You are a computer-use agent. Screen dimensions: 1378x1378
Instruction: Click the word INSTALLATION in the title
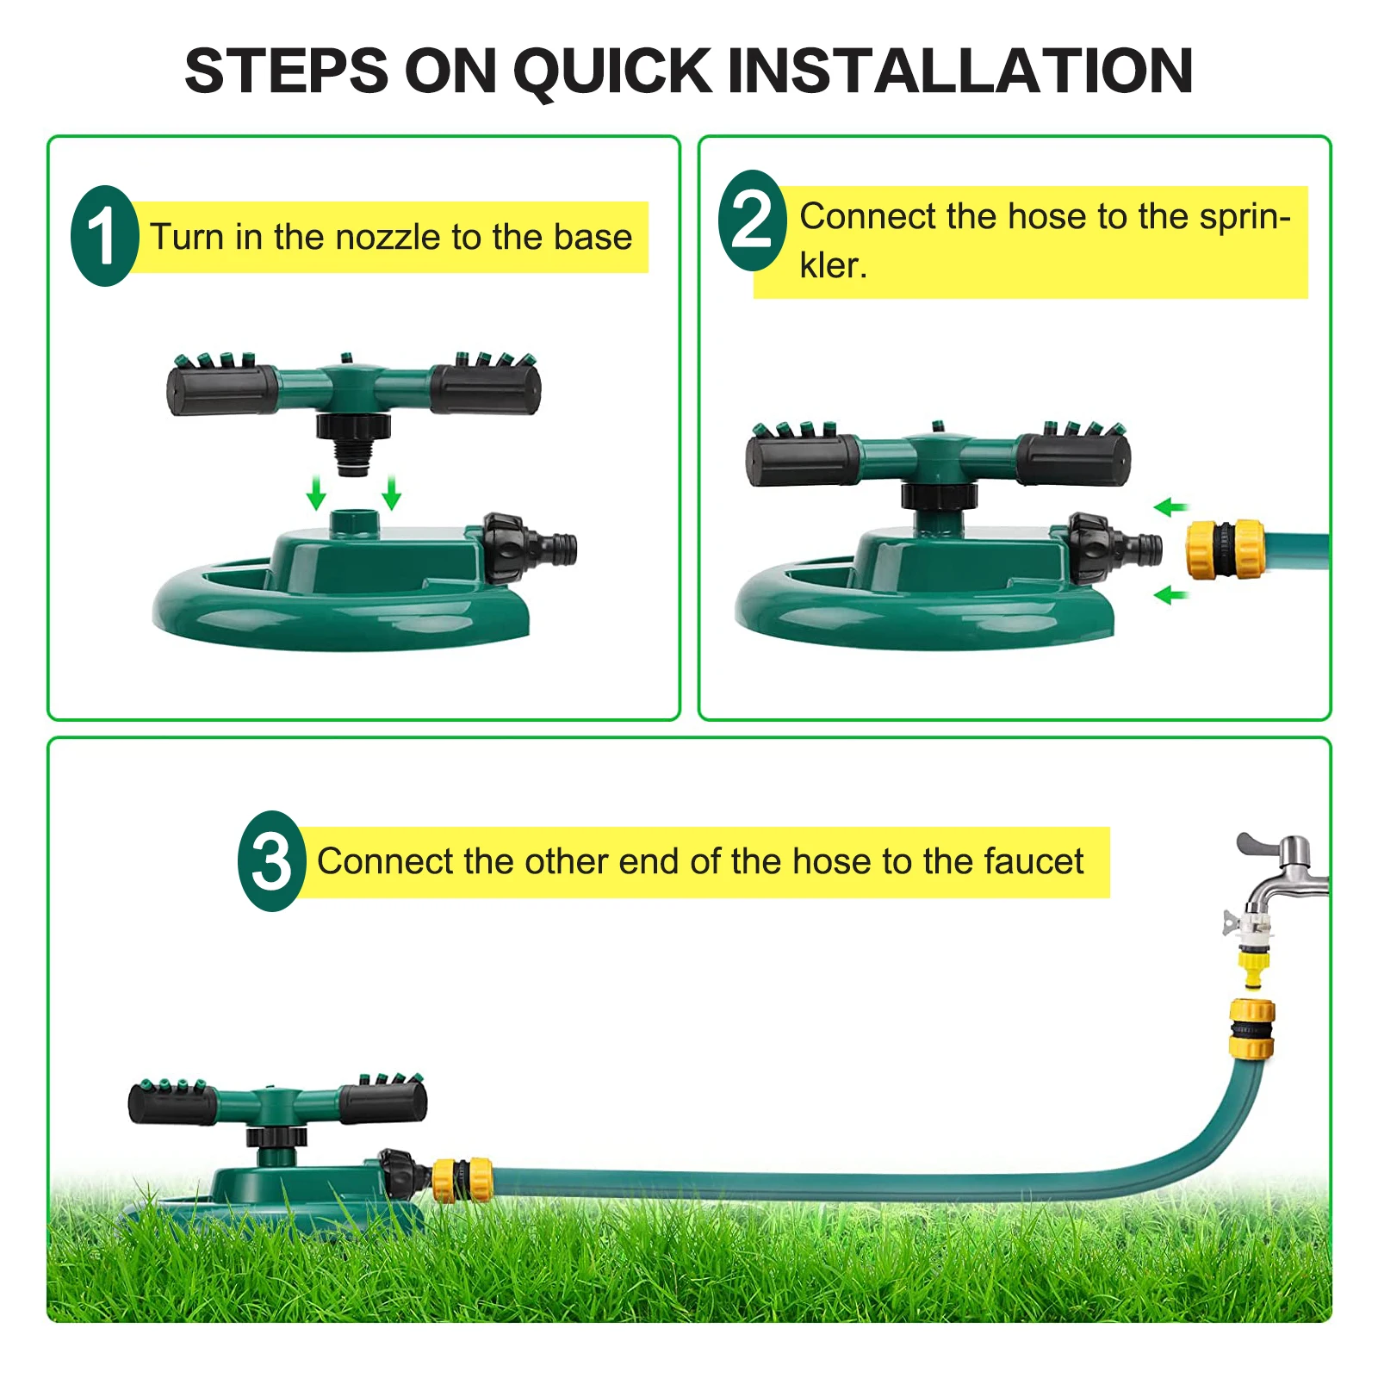(959, 71)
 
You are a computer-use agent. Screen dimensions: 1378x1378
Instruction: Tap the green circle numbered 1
(105, 236)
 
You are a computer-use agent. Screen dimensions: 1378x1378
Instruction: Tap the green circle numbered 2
(752, 220)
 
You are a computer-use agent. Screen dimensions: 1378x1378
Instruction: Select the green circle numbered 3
(271, 860)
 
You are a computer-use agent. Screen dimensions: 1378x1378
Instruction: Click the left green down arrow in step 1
(316, 493)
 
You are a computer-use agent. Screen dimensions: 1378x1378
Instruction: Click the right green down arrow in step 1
(392, 493)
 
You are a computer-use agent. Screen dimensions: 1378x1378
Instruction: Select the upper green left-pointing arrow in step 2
(1170, 507)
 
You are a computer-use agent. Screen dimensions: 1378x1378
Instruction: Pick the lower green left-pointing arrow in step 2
(1170, 594)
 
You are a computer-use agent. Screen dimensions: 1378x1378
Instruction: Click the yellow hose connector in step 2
(1225, 548)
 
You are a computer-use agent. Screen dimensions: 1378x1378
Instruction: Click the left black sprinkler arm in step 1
(221, 390)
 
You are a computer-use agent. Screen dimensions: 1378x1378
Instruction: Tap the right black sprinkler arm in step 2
(1073, 459)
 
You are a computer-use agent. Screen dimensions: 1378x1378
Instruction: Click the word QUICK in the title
(612, 71)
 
